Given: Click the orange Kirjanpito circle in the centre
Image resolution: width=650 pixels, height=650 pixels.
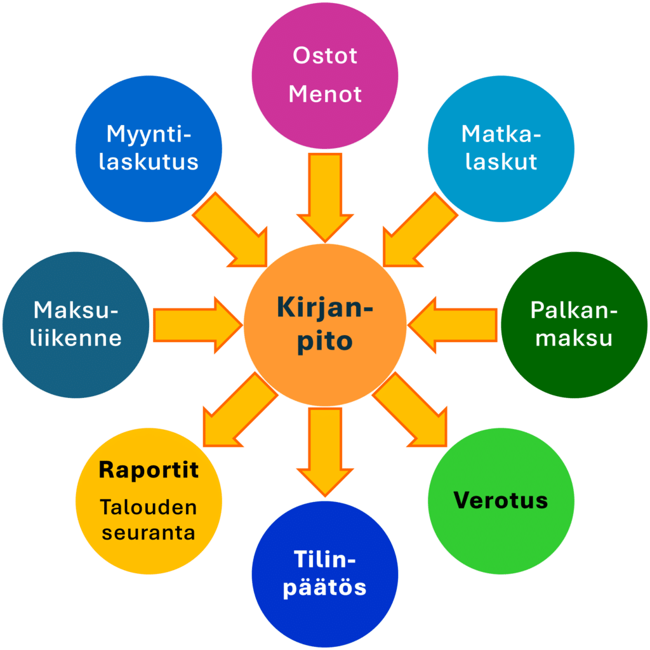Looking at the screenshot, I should [x=324, y=325].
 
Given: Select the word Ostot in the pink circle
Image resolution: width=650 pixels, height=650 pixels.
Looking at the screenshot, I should [x=324, y=56].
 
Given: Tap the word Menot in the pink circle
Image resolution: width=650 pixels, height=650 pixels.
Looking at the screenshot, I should [x=324, y=95].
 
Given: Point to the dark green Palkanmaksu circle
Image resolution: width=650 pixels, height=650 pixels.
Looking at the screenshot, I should [x=574, y=325].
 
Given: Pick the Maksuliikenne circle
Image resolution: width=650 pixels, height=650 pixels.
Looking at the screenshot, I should [x=76, y=325].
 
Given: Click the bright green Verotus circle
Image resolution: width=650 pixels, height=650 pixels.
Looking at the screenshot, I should [x=501, y=501].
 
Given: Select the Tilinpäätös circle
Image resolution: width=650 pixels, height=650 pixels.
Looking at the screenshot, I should [x=324, y=574].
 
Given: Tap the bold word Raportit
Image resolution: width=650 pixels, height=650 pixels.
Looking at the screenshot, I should [x=149, y=470].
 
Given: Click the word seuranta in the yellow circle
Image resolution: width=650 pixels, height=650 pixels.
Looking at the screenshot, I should [x=149, y=533].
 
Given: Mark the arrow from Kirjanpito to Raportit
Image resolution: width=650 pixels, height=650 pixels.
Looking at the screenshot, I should [x=238, y=411].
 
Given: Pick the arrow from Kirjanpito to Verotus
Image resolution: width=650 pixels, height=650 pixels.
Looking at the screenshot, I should [x=411, y=411].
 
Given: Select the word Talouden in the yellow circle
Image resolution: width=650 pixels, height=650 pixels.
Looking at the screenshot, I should [x=149, y=508].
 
